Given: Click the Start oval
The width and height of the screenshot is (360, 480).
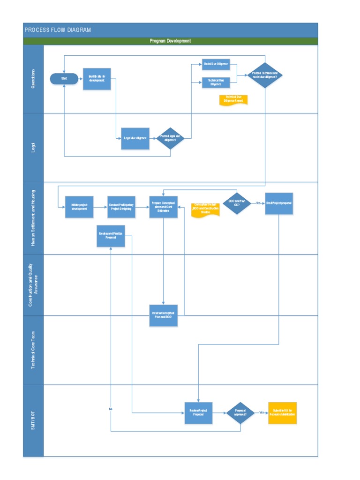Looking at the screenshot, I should pos(64,79).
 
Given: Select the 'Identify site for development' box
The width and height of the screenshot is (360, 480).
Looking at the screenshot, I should pos(97,79).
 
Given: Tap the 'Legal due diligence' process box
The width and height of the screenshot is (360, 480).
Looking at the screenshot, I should pos(135,138).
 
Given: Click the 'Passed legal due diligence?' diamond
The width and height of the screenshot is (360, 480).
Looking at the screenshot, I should pos(170,138).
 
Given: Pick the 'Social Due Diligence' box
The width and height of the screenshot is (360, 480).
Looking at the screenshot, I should pos(216,64).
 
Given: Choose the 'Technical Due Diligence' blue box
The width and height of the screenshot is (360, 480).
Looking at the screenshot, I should pos(216,82).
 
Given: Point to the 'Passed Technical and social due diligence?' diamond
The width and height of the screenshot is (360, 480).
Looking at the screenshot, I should pos(265,75).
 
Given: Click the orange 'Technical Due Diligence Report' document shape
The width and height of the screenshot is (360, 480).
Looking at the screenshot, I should pos(233,99).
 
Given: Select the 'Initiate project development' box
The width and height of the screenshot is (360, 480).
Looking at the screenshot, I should pos(79,207).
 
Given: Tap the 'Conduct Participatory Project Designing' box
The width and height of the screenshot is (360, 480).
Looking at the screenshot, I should pos(121,207).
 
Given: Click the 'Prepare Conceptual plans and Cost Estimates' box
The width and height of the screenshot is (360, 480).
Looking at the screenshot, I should pos(164,207).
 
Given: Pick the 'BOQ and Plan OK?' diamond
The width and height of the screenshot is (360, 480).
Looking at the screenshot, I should pos(237,203).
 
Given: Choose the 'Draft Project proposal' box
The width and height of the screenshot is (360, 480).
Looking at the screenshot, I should pos(279,203).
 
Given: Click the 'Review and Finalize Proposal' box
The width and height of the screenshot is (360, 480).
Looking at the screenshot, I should pos(111,236).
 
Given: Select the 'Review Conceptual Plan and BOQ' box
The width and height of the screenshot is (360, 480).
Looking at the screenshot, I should pos(164,315).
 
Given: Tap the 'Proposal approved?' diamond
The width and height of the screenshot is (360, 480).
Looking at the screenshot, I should pos(240,413).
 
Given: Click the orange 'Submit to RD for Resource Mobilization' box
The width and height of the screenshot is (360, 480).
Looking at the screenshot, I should pos(283,413).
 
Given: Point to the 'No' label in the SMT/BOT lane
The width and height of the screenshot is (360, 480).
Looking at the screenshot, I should pos(111,409).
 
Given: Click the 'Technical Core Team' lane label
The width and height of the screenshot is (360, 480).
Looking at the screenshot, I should pos(33,350).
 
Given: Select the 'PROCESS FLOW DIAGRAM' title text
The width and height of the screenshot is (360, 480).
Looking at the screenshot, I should pos(58,30).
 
